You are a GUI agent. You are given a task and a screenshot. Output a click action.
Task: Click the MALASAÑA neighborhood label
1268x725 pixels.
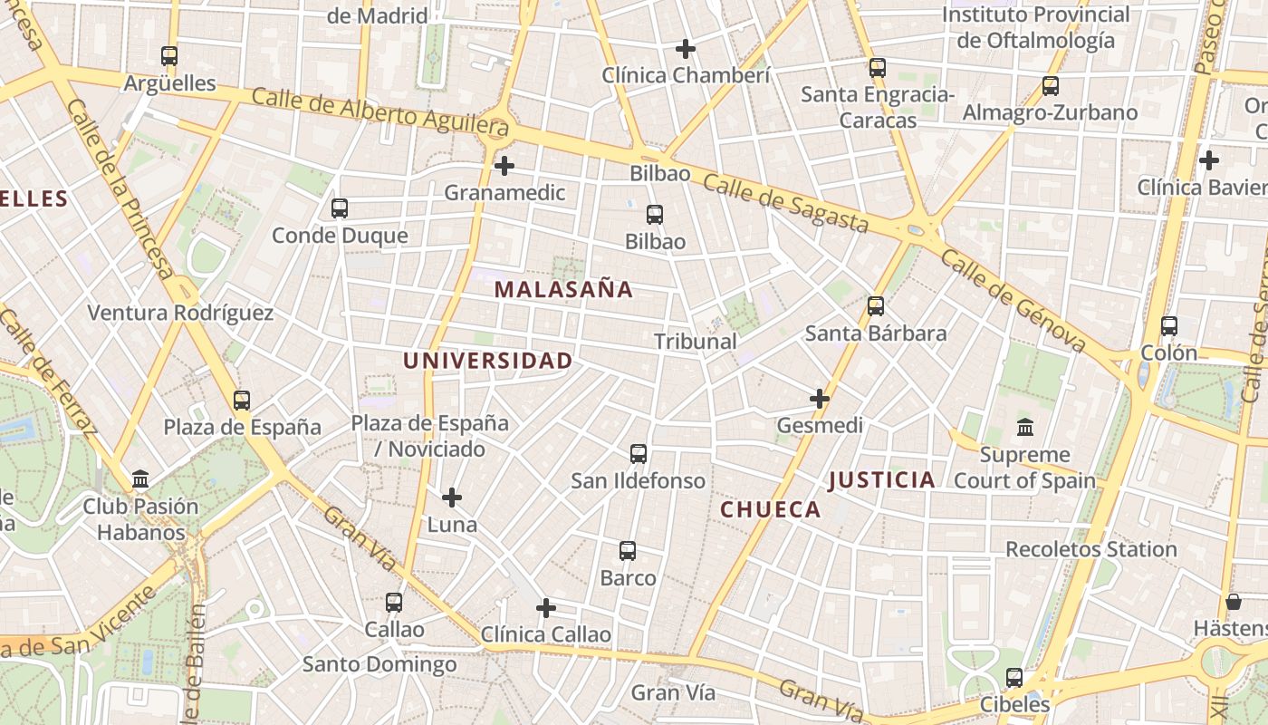click(x=563, y=290)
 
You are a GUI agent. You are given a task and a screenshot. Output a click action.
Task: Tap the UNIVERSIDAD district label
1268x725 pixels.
click(x=487, y=361)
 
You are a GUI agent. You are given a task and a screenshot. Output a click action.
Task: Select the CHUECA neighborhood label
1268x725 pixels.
click(x=771, y=510)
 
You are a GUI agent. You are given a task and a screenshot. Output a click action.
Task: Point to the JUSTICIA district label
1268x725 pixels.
click(x=881, y=480)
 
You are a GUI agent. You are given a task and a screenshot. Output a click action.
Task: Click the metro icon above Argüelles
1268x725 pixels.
click(x=169, y=56)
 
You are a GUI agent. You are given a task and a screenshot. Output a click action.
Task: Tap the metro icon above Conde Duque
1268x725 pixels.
click(x=340, y=208)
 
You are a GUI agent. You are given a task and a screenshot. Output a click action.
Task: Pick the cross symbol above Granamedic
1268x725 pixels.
click(x=504, y=166)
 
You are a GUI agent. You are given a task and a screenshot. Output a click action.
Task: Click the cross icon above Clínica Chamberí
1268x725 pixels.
click(x=686, y=48)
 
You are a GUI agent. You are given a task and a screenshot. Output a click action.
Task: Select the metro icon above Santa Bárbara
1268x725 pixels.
click(x=876, y=306)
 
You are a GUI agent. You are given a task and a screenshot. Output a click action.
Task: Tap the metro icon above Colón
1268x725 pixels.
click(x=1169, y=326)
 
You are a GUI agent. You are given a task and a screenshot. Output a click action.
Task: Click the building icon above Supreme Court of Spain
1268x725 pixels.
click(x=1025, y=427)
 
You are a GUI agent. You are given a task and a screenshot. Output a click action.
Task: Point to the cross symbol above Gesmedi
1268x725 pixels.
click(x=820, y=398)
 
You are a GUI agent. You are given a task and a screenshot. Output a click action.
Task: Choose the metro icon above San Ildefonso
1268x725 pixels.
click(x=639, y=454)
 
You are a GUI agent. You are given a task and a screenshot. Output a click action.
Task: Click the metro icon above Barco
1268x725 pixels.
click(x=628, y=551)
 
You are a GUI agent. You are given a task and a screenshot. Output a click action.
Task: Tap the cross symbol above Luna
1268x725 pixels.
click(x=452, y=498)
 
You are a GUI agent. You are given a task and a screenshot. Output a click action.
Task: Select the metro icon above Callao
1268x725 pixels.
click(x=394, y=603)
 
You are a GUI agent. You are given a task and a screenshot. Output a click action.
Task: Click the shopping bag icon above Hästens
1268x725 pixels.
click(x=1233, y=602)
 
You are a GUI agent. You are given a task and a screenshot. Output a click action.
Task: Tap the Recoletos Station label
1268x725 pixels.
click(x=1091, y=549)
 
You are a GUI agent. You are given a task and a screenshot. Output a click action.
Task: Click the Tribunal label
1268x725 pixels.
click(x=696, y=342)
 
